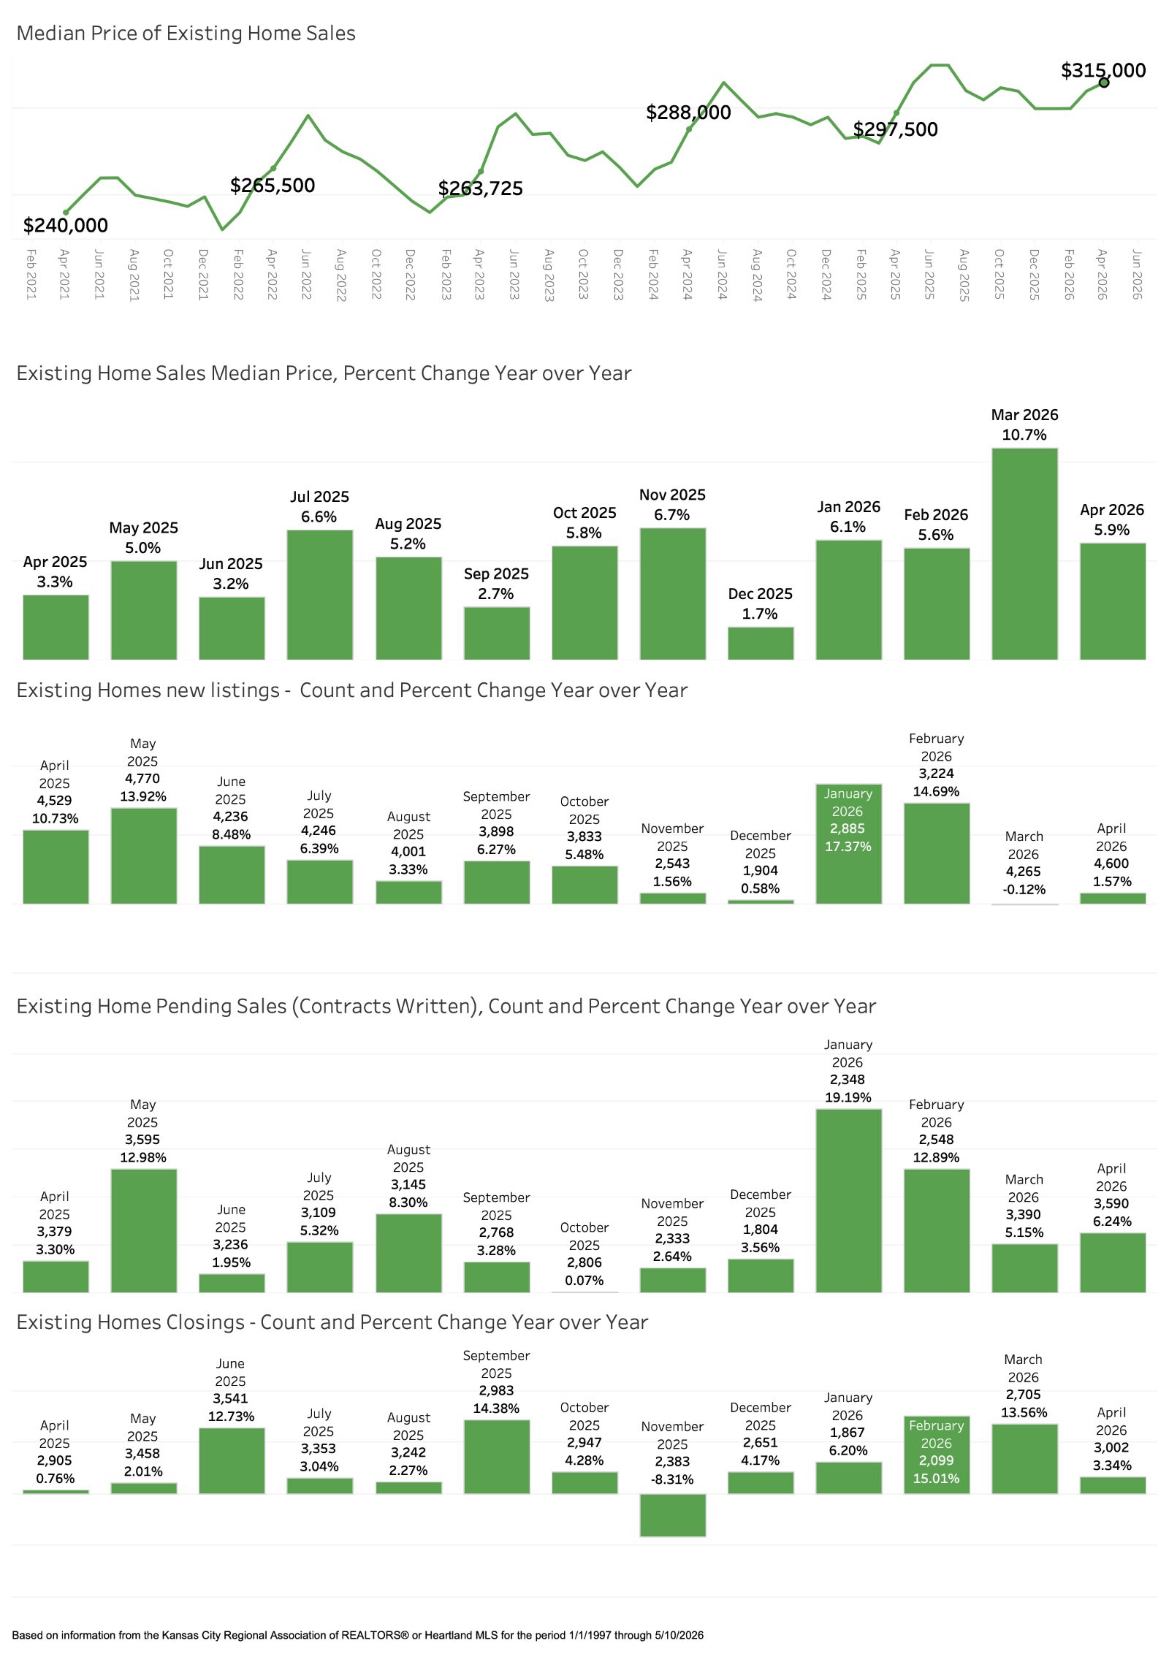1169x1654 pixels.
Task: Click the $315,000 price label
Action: pos(1103,70)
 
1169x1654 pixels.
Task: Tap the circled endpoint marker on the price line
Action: pos(1104,83)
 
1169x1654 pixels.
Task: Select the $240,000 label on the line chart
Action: pos(66,225)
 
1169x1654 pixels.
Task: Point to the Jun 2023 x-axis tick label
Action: pos(514,274)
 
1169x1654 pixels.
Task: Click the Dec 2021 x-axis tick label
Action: pos(203,274)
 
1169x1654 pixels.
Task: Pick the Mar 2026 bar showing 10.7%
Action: pos(1024,554)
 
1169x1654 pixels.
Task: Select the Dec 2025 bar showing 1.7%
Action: pos(761,643)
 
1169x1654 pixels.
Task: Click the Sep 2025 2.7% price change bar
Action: pos(497,633)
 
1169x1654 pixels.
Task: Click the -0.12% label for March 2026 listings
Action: pos(1024,889)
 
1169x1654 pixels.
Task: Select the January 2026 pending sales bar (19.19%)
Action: pos(848,1200)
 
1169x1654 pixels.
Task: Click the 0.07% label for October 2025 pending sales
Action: pos(584,1280)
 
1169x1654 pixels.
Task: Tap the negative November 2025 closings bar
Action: pos(673,1515)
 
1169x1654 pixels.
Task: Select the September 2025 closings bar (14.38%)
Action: pos(497,1457)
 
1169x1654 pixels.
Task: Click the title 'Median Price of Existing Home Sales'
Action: pos(186,34)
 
